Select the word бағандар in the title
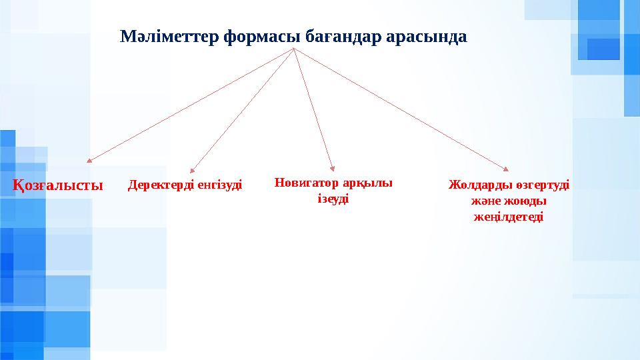[x=342, y=37]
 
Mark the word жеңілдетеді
[x=508, y=217]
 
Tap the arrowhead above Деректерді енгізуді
[x=192, y=171]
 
